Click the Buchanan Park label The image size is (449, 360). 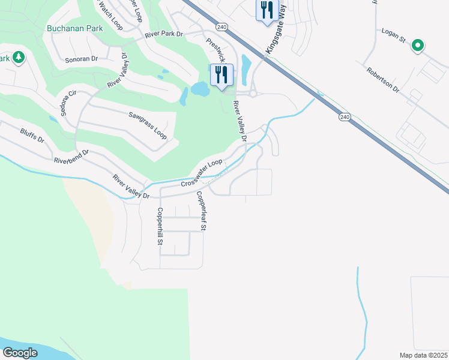click(x=75, y=28)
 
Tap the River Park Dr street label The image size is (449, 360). click(x=163, y=35)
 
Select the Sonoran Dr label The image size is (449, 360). click(x=82, y=59)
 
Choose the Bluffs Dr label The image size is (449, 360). click(x=32, y=135)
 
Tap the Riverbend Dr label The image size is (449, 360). click(x=71, y=157)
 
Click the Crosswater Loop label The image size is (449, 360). click(x=202, y=170)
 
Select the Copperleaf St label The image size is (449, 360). click(x=202, y=211)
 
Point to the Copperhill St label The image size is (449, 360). click(x=160, y=227)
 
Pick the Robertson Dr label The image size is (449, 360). click(x=383, y=79)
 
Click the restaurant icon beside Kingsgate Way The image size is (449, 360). click(x=266, y=10)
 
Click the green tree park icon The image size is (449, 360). click(x=19, y=58)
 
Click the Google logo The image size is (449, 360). click(x=20, y=353)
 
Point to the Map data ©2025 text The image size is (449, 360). click(x=423, y=355)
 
